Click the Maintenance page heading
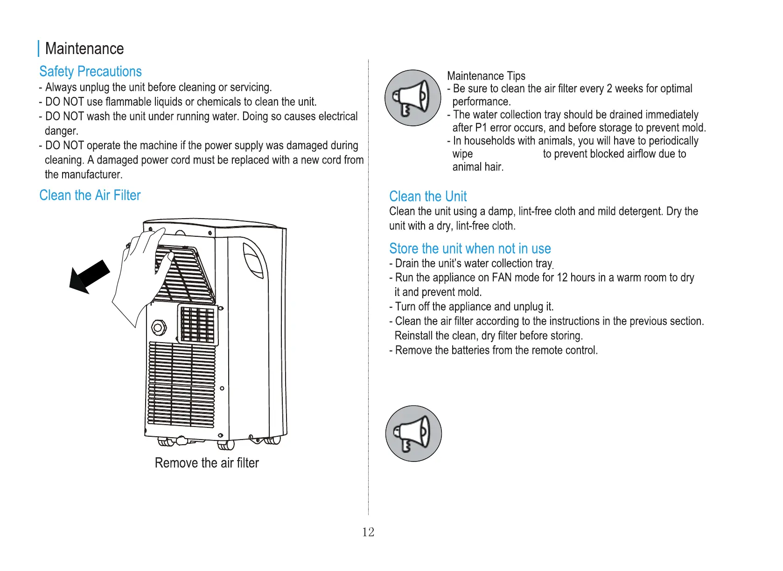click(84, 49)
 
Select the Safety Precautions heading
click(90, 71)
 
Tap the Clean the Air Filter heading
click(90, 195)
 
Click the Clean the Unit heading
click(427, 196)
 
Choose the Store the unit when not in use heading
click(469, 248)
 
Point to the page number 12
click(368, 532)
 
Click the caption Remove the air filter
click(206, 463)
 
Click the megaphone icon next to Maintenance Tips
click(412, 98)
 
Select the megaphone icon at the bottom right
click(413, 433)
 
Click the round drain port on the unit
click(158, 328)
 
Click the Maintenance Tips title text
click(486, 76)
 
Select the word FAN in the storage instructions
click(502, 278)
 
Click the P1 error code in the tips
click(481, 128)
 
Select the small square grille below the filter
click(198, 324)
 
